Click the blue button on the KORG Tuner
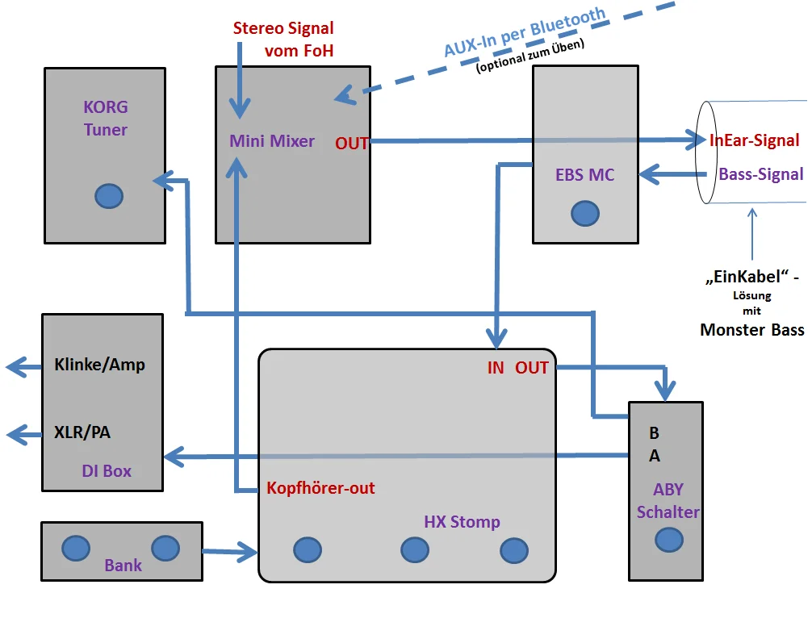coord(109,196)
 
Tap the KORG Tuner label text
coord(106,118)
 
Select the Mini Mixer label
coord(272,141)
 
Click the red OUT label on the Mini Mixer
coord(352,144)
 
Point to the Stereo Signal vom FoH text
coord(283,39)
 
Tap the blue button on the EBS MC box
coord(585,213)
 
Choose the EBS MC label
coord(585,174)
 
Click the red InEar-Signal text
coord(755,141)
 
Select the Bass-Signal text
coord(761,174)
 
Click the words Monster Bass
coord(752,329)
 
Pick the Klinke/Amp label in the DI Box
coord(100,365)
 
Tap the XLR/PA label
coord(82,432)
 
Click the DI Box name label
coord(107,471)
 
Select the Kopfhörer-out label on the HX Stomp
coord(320,488)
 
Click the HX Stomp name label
coord(462,522)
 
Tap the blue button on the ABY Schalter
coord(668,539)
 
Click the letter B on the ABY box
coord(655,433)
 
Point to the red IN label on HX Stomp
coord(496,368)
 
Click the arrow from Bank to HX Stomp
coord(229,553)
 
